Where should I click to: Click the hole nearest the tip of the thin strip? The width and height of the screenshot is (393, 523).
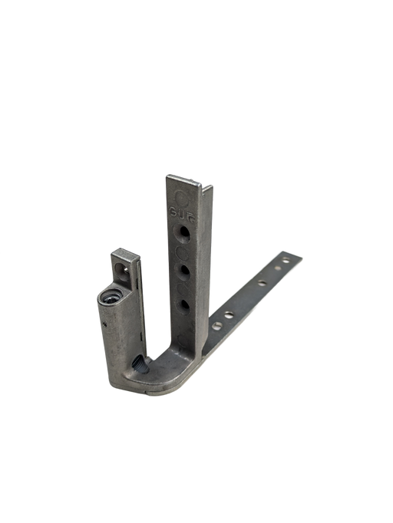click(x=285, y=261)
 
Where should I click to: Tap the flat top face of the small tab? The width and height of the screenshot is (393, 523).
click(x=124, y=251)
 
